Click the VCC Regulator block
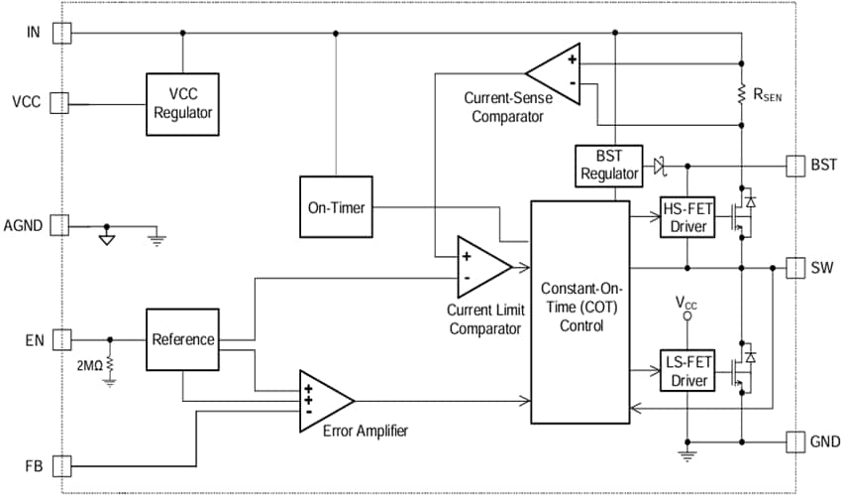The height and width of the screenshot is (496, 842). click(x=182, y=103)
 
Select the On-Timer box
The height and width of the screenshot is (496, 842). click(x=336, y=208)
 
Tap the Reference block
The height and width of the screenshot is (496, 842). click(x=182, y=339)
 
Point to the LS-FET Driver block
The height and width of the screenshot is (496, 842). click(x=686, y=372)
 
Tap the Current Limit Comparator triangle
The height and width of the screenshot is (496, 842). click(x=479, y=266)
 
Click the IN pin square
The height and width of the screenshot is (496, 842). click(x=61, y=33)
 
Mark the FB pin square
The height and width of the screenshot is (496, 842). click(x=61, y=465)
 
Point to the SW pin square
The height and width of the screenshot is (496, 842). click(x=795, y=268)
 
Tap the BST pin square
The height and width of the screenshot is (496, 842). click(x=795, y=165)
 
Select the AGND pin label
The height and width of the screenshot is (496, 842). click(x=24, y=225)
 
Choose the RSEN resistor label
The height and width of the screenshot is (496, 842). click(x=774, y=96)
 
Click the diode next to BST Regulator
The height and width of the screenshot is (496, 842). click(x=658, y=165)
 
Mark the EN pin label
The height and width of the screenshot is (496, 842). click(x=30, y=340)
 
